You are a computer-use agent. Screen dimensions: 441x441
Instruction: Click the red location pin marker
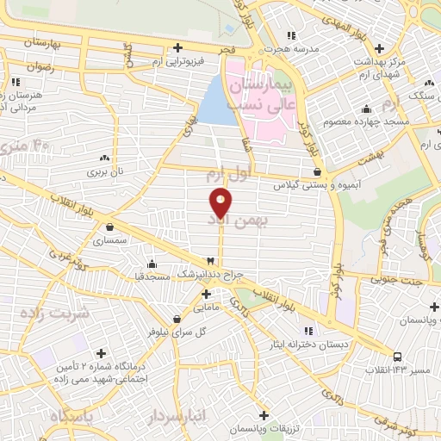pyautogui.click(x=220, y=202)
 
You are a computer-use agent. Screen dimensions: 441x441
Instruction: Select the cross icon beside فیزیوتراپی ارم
pyautogui.click(x=177, y=47)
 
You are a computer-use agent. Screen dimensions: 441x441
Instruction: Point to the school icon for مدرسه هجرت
pyautogui.click(x=291, y=35)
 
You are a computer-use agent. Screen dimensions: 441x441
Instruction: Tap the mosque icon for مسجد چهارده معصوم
pyautogui.click(x=367, y=109)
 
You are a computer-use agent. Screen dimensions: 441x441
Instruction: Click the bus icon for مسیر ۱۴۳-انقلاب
pyautogui.click(x=397, y=356)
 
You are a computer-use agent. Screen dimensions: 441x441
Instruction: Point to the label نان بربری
pyautogui.click(x=104, y=171)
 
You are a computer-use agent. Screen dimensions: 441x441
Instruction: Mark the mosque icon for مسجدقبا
pyautogui.click(x=152, y=264)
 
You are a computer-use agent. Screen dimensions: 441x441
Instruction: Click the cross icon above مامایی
pyautogui.click(x=206, y=293)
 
